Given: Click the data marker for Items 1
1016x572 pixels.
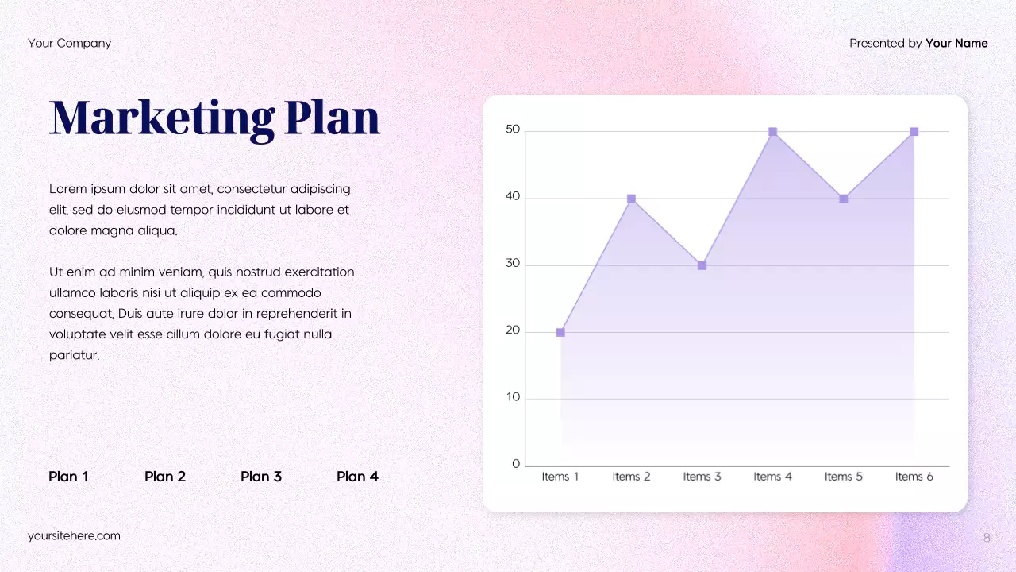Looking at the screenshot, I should pyautogui.click(x=560, y=332).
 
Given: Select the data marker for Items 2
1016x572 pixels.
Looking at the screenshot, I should pyautogui.click(x=631, y=199).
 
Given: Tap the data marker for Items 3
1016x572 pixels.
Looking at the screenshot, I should pyautogui.click(x=702, y=265).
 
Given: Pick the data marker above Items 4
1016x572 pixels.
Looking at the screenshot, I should pyautogui.click(x=772, y=132).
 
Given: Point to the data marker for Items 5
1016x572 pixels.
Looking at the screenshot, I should pyautogui.click(x=843, y=199).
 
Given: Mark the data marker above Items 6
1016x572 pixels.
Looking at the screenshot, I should pyautogui.click(x=914, y=132).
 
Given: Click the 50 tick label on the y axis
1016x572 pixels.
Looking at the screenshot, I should pyautogui.click(x=513, y=130).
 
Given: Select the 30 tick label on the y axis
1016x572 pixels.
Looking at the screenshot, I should pyautogui.click(x=513, y=264).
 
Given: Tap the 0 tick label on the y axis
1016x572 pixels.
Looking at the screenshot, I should pyautogui.click(x=516, y=464).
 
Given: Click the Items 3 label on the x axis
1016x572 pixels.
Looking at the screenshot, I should pyautogui.click(x=702, y=477).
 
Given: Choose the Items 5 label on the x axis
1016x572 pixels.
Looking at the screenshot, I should pyautogui.click(x=843, y=477).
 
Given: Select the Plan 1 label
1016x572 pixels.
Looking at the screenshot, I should pyautogui.click(x=68, y=477).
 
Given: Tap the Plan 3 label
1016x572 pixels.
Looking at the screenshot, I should pyautogui.click(x=261, y=477).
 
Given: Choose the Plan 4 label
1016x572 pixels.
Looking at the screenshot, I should pyautogui.click(x=357, y=477).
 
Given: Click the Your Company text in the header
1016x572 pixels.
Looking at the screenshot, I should pyautogui.click(x=69, y=43).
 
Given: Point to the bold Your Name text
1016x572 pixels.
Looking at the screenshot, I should pyautogui.click(x=956, y=43).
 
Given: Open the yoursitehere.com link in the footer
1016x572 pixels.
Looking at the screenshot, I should pyautogui.click(x=74, y=535).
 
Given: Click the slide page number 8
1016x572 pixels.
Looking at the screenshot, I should pyautogui.click(x=987, y=538).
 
